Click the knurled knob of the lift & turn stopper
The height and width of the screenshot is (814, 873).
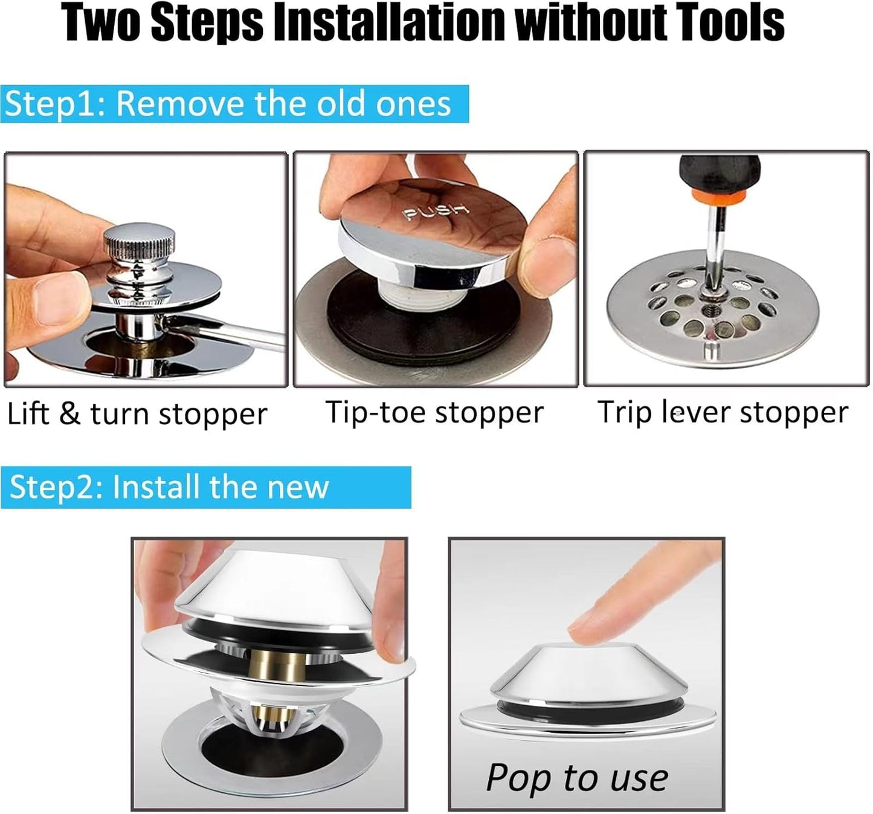140,244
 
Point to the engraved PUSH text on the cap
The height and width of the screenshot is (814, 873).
436,212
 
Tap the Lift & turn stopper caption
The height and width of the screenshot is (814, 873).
137,415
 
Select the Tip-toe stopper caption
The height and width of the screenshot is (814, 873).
434,413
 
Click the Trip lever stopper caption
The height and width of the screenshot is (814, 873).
723,413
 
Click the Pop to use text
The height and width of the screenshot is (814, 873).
577,777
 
